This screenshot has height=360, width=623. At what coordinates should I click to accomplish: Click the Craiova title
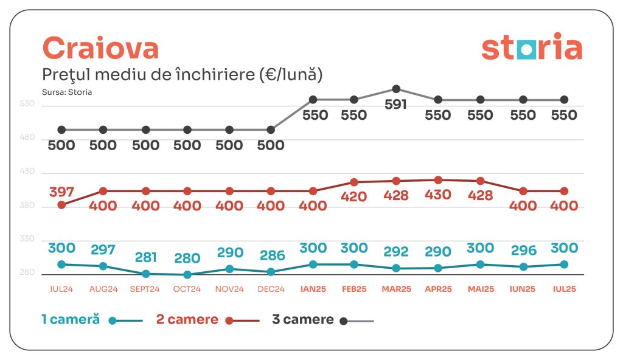tap(100, 48)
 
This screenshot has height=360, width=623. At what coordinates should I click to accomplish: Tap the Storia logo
tap(531, 49)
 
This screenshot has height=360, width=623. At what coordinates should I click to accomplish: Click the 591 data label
tap(396, 105)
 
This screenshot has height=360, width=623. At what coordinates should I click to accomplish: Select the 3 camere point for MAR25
tap(396, 89)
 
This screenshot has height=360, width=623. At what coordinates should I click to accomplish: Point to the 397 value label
tap(61, 192)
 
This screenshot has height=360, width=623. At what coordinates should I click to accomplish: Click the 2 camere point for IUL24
tap(61, 205)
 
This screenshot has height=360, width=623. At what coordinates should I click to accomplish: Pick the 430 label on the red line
tap(438, 195)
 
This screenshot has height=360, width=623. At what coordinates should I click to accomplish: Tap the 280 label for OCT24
tap(187, 258)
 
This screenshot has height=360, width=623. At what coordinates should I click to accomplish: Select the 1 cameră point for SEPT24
tap(146, 274)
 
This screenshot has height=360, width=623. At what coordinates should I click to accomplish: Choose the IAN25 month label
tap(313, 289)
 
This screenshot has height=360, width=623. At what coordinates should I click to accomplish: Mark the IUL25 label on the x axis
tap(563, 289)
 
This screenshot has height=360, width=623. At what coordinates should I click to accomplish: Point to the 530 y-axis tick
tap(28, 105)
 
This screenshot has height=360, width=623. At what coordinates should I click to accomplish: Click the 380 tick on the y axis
tap(28, 206)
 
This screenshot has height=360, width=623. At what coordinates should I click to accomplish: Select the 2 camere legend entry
tap(187, 320)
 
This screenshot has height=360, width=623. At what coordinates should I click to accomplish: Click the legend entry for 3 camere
tap(303, 320)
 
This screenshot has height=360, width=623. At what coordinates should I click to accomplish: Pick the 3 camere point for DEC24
tap(271, 130)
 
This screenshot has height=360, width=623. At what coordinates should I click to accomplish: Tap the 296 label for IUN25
tap(523, 251)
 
